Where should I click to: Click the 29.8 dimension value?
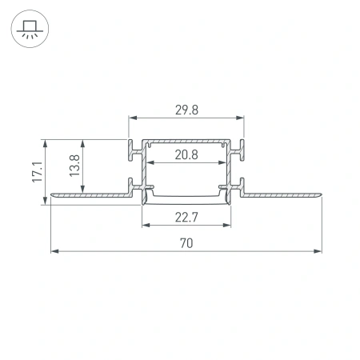coord(186,109)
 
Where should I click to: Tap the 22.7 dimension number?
coord(186,214)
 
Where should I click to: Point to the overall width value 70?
coord(186,242)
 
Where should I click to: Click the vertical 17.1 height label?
coord(35,172)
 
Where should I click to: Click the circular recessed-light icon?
coord(30,30)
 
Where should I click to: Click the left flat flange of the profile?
coord(88,193)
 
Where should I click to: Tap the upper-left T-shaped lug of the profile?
coord(132,148)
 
